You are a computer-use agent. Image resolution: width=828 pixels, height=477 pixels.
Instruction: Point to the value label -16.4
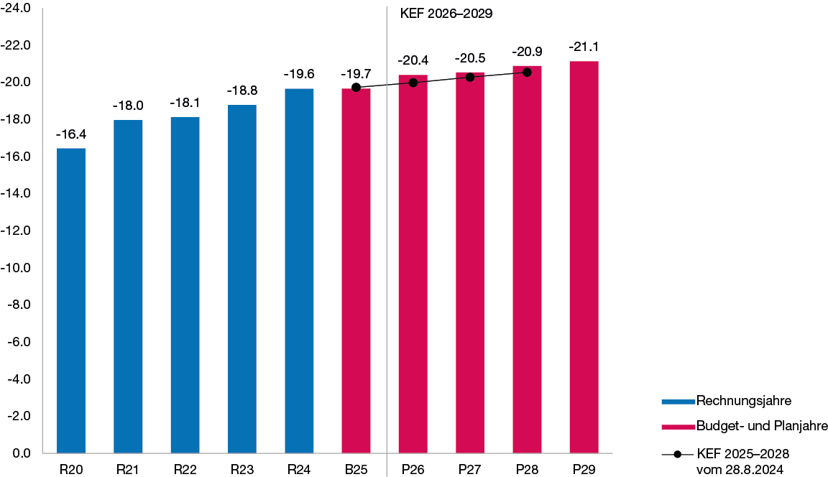[71, 134]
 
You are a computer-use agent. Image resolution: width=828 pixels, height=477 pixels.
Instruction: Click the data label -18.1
[185, 103]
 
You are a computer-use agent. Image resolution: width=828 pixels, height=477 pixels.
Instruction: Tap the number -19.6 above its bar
[299, 74]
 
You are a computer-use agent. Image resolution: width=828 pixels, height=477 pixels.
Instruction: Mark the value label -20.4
[413, 60]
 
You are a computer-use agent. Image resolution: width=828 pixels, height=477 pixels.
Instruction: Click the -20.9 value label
[527, 52]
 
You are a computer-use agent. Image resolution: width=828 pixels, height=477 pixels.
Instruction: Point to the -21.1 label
[584, 47]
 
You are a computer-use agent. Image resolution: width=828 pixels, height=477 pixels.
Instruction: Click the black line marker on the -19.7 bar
[356, 87]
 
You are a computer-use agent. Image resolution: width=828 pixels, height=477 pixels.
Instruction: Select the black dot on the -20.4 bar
[413, 83]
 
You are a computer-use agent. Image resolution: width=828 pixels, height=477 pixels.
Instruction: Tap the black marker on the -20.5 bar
[470, 77]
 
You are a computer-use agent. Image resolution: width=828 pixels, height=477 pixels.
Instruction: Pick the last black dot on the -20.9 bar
[527, 72]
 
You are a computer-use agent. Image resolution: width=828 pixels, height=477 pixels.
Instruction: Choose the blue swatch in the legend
[678, 402]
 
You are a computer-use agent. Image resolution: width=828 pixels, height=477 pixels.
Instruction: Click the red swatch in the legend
[678, 427]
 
